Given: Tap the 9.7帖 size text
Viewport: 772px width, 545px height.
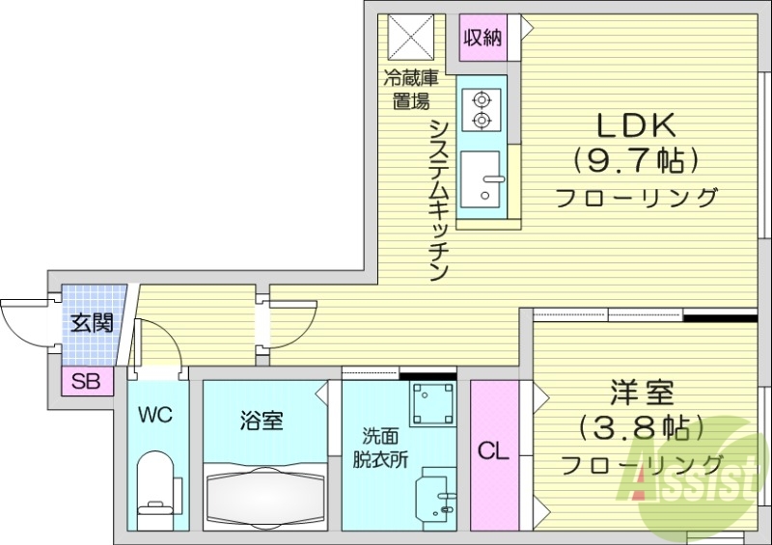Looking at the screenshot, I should point(637,159).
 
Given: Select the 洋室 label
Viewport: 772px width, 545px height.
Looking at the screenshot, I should point(641,395).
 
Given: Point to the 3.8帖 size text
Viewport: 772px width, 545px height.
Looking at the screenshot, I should point(641,427).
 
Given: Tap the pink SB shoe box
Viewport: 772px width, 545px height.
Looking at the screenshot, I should point(87,381).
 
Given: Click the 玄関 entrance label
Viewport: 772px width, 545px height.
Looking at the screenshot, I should point(89,322).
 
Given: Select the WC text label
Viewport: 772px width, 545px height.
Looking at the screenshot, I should point(154,416).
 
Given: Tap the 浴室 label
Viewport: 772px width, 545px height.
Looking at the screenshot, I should point(262,422).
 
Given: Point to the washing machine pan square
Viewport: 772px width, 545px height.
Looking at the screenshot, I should point(431,404).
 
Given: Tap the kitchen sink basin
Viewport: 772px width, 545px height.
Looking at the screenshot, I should point(479,178).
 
